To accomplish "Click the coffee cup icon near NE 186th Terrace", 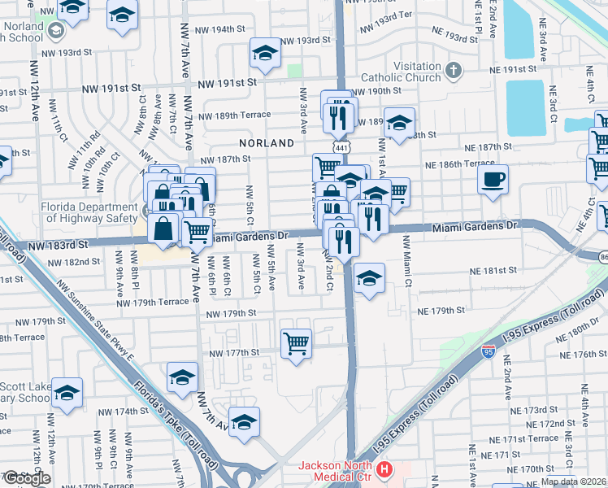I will click(493, 180).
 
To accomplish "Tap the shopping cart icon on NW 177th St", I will click(296, 342).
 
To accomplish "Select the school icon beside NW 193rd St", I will click(264, 53).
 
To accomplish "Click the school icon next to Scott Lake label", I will click(67, 393).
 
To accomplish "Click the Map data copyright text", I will click(573, 481).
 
